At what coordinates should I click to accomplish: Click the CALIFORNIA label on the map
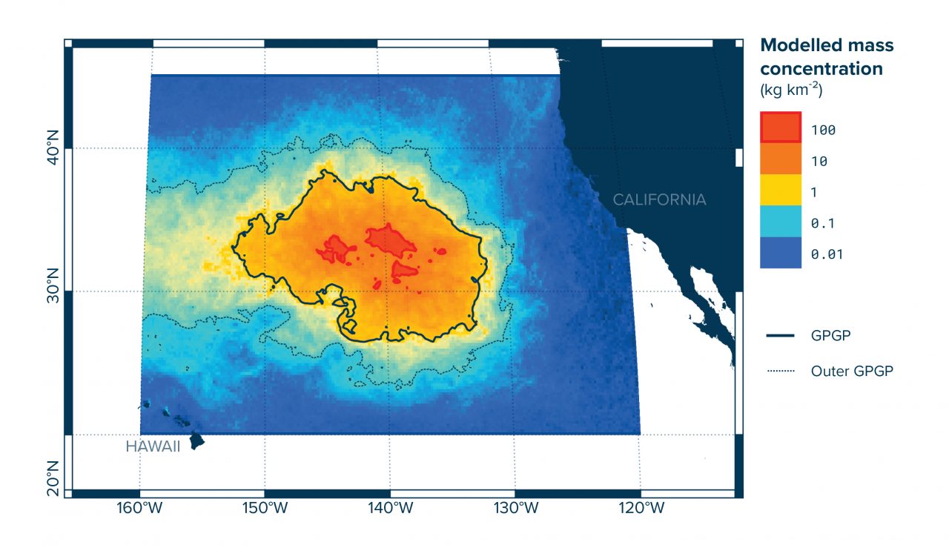click(x=659, y=199)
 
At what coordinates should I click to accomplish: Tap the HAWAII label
click(x=153, y=447)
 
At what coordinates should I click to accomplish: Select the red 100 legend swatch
click(x=781, y=130)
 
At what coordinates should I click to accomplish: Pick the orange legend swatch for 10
click(x=781, y=161)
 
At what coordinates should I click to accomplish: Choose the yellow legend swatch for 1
click(x=781, y=192)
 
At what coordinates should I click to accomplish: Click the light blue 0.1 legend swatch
click(x=781, y=223)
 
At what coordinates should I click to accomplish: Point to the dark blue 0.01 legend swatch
click(x=781, y=254)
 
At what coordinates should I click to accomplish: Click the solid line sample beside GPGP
click(x=780, y=335)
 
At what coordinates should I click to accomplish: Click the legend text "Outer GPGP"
click(x=852, y=371)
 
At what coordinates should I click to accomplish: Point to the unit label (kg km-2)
click(x=792, y=90)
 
